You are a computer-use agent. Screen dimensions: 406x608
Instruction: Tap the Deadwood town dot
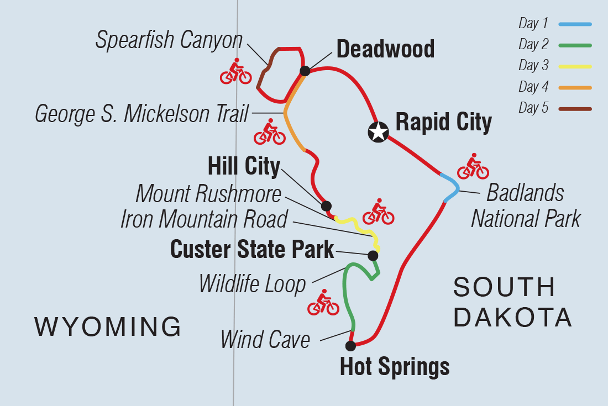(x=305, y=71)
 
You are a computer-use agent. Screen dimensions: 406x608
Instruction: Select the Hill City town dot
(x=326, y=205)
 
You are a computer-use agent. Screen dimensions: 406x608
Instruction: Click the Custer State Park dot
(x=373, y=255)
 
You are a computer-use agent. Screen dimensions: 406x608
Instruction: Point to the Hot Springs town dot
(x=350, y=346)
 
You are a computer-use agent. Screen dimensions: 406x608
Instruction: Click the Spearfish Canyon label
(x=169, y=40)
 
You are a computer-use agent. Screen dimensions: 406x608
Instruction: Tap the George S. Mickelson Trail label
(x=141, y=114)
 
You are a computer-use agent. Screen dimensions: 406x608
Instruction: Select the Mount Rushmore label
(x=208, y=193)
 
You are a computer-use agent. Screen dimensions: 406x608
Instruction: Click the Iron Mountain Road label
(x=204, y=219)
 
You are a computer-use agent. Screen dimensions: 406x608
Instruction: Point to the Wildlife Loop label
(x=252, y=284)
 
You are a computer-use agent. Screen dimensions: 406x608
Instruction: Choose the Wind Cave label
(x=265, y=339)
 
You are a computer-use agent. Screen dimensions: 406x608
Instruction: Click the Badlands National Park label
(x=526, y=205)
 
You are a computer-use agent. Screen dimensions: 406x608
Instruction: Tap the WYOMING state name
(x=108, y=326)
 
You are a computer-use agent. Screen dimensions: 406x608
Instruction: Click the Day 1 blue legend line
(x=575, y=24)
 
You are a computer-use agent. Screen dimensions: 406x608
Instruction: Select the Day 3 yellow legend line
(x=575, y=67)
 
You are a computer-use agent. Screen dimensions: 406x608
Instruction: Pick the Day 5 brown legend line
(x=575, y=109)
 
